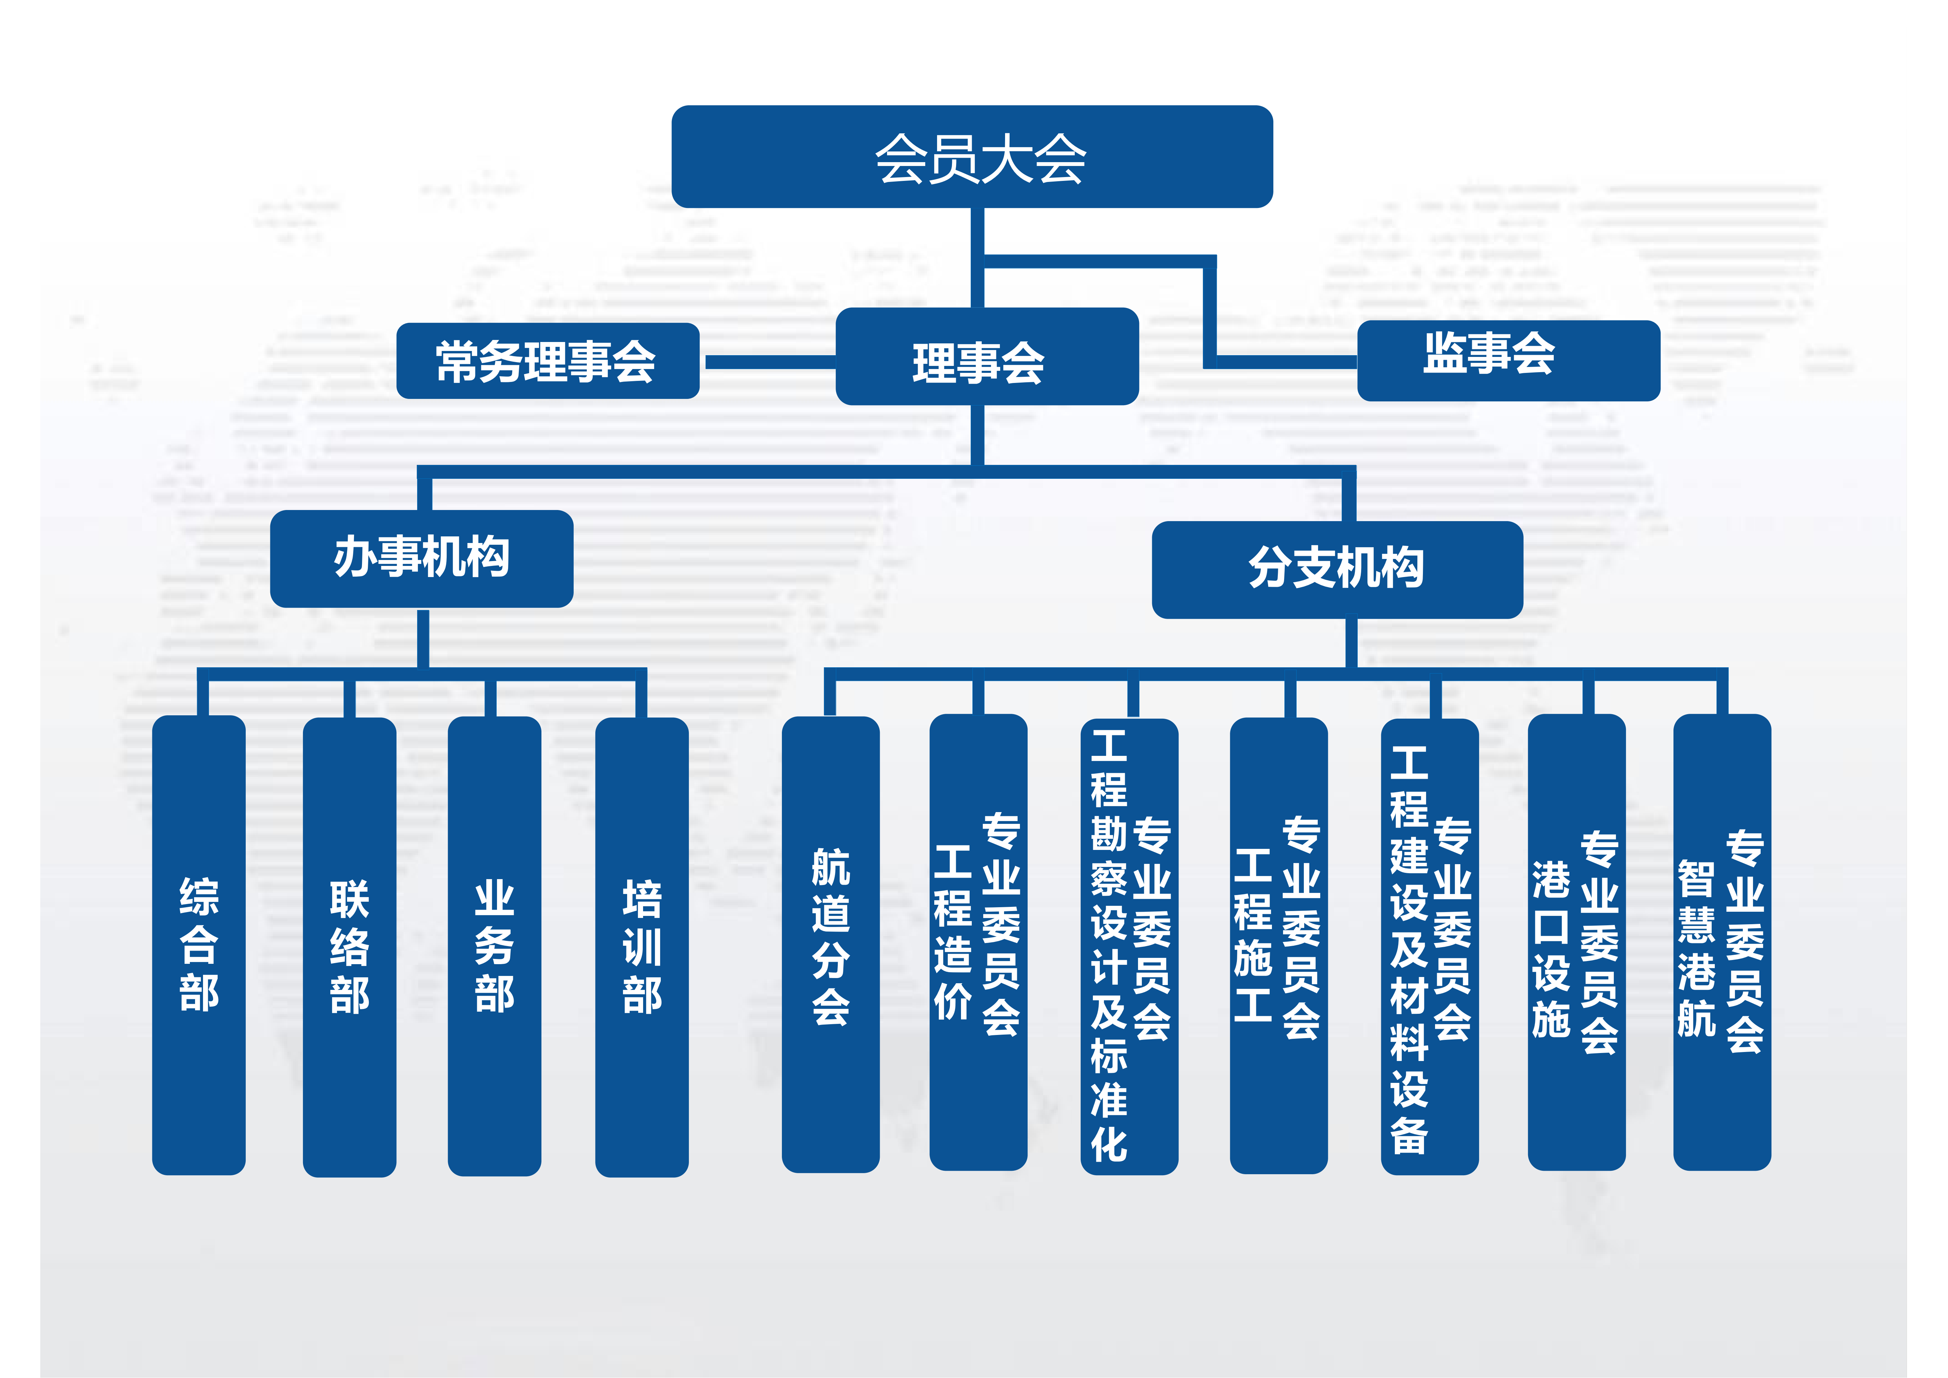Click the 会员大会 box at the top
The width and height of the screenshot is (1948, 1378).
point(971,157)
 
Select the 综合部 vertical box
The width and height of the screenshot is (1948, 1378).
point(199,944)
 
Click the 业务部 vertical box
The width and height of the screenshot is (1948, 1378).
point(494,946)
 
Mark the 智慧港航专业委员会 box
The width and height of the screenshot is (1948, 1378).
point(1721,942)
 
